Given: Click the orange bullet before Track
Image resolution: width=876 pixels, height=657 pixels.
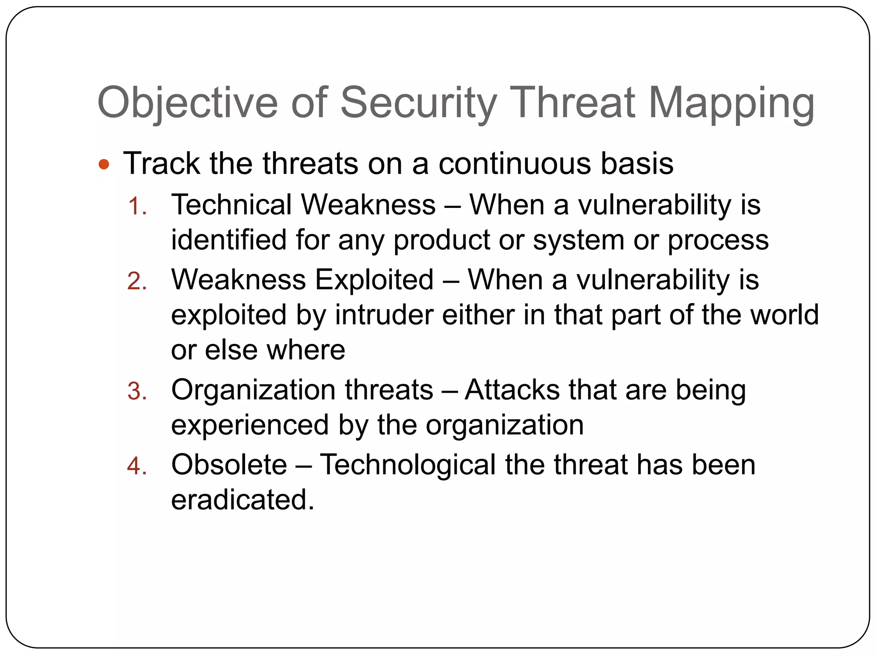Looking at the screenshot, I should coord(104,164).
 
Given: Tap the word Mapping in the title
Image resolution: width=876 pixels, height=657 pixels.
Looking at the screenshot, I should coord(731,103).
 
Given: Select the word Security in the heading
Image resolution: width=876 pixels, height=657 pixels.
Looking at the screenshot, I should coord(419,103).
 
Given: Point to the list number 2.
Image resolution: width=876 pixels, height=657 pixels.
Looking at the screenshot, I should coord(137,281).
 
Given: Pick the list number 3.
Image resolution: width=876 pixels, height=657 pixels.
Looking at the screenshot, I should coord(137,392).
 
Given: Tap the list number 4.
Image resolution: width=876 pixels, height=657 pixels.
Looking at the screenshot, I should coord(137,466).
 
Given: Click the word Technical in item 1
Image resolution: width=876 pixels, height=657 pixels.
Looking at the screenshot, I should coord(231,204).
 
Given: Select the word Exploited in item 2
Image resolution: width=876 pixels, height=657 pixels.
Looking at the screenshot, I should coord(374,280).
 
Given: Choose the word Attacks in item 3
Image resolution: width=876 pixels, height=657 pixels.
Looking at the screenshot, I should coord(512,390).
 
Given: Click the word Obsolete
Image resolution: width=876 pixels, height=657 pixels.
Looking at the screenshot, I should coord(229,465).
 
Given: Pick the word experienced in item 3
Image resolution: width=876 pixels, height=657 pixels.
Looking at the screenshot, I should coord(250,425).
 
